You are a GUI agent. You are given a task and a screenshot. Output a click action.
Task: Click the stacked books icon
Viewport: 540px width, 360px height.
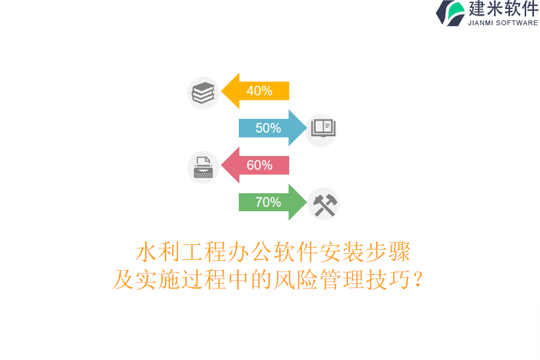pos(203,93)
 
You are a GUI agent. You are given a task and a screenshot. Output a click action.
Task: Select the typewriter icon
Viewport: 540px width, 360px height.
pos(203,167)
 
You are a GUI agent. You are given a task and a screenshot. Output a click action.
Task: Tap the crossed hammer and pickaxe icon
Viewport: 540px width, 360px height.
pos(324,205)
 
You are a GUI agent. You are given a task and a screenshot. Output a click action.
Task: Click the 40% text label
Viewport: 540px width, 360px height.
pos(259,91)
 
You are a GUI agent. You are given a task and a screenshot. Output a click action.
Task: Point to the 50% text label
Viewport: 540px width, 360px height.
pos(268,128)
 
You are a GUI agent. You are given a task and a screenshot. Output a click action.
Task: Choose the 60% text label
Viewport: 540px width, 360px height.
pos(259,165)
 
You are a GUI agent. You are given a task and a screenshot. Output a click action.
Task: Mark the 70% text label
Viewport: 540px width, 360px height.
pos(268,202)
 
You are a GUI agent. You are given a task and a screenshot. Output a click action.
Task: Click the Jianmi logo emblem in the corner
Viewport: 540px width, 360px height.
pos(451,13)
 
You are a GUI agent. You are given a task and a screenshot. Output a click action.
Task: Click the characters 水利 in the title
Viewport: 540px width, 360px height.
pos(158,252)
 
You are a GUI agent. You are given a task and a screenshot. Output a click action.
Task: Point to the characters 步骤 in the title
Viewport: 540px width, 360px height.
pos(388,252)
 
